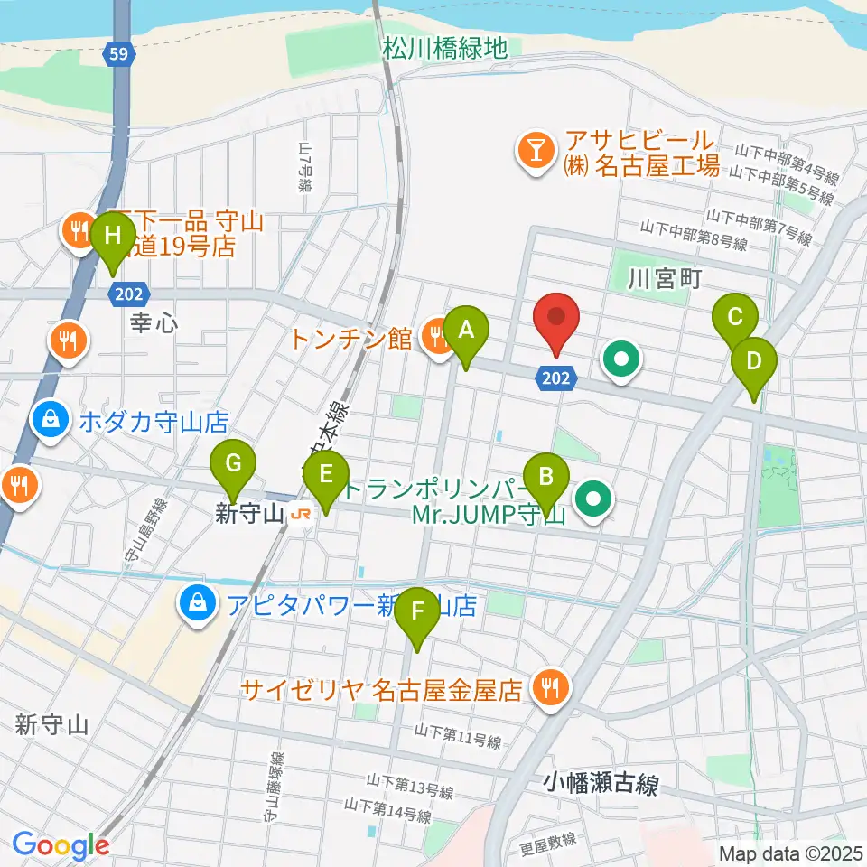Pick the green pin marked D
pyautogui.click(x=754, y=362)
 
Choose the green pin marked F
pyautogui.click(x=417, y=611)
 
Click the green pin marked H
pyautogui.click(x=112, y=238)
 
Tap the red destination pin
pyautogui.click(x=555, y=319)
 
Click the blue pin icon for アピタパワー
pyautogui.click(x=195, y=605)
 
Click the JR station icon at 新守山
pyautogui.click(x=301, y=515)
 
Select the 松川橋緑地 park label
pyautogui.click(x=444, y=48)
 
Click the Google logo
pyautogui.click(x=61, y=845)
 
